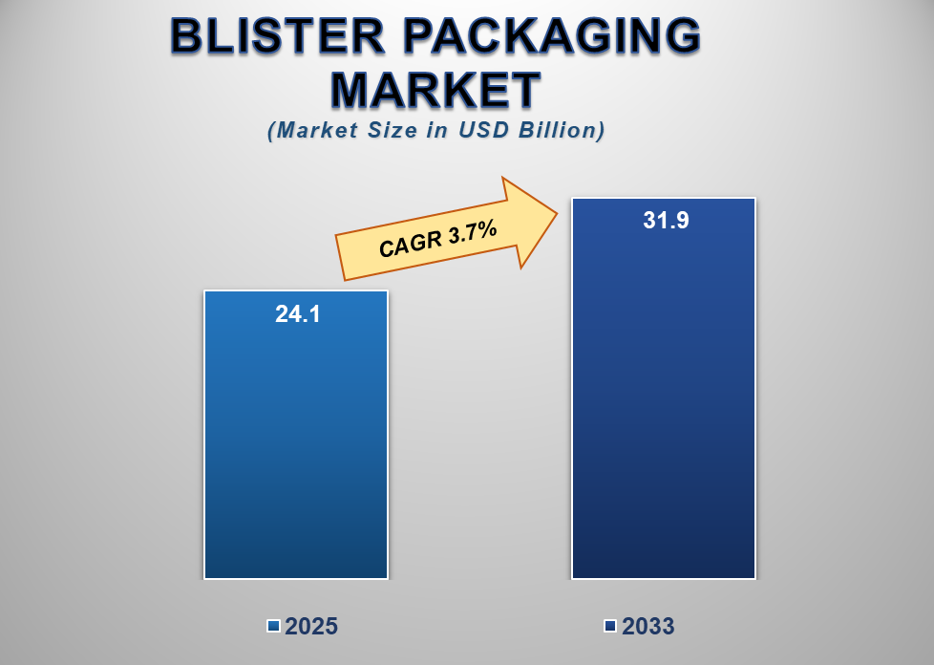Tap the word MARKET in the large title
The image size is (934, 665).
tap(435, 91)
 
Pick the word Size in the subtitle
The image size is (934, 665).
tap(391, 130)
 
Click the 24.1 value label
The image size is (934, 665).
tap(297, 313)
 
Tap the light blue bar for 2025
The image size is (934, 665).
tap(296, 449)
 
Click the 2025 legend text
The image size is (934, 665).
tap(311, 627)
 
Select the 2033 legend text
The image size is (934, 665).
tap(648, 627)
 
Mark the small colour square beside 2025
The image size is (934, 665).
tap(273, 626)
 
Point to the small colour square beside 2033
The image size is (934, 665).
tap(610, 626)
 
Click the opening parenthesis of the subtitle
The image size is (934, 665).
tap(272, 130)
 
